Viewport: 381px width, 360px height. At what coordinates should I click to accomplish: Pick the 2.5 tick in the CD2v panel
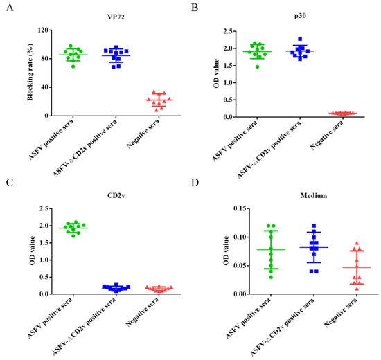[x=45, y=208]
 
